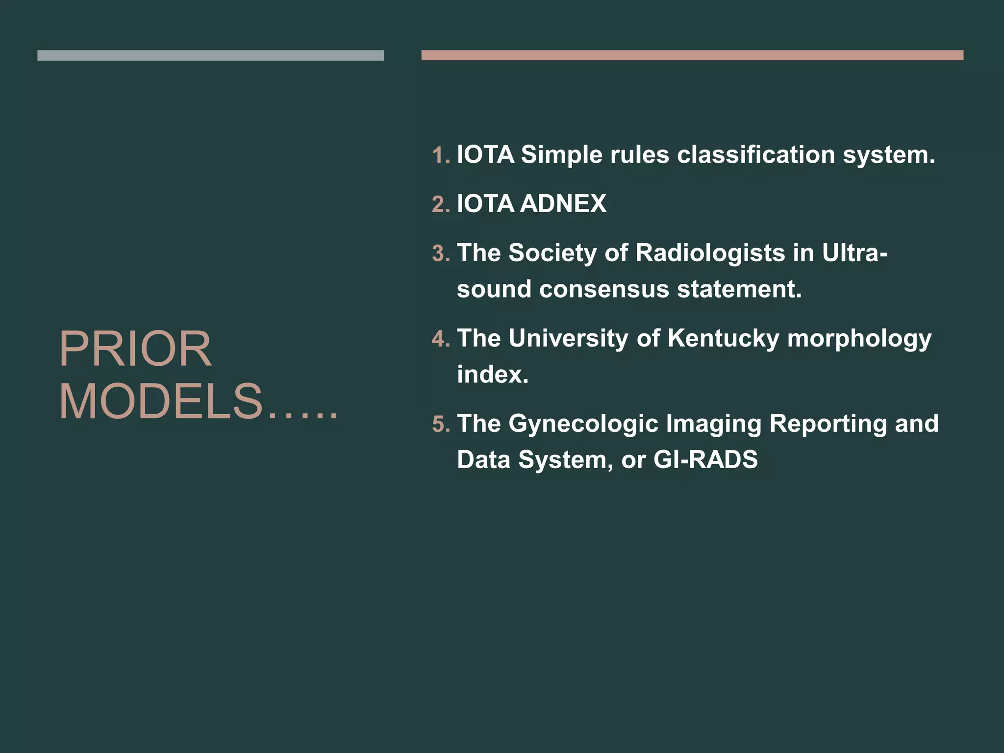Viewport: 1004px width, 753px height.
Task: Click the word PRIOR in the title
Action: click(135, 349)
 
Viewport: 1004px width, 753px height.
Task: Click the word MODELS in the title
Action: click(161, 402)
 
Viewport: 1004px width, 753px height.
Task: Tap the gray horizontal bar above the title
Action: click(210, 55)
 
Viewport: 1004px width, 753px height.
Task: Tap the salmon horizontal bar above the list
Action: click(692, 55)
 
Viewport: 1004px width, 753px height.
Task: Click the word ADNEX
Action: click(563, 203)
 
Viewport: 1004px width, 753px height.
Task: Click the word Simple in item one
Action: click(561, 155)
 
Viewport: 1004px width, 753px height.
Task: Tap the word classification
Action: click(756, 154)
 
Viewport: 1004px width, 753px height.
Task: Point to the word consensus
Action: click(604, 289)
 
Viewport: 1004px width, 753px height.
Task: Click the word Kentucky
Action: click(723, 339)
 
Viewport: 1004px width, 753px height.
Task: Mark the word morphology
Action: click(859, 339)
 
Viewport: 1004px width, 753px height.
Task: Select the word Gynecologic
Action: click(583, 424)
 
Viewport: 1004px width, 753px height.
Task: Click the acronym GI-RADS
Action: click(705, 460)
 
